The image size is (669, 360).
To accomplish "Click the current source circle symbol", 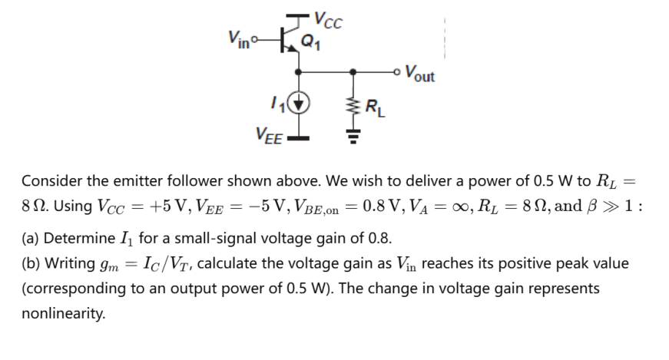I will pyautogui.click(x=300, y=102).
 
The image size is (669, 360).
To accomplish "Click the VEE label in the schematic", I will pyautogui.click(x=269, y=136).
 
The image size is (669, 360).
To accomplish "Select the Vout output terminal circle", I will pyautogui.click(x=394, y=72).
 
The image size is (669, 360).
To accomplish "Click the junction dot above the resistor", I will pyautogui.click(x=353, y=72).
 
